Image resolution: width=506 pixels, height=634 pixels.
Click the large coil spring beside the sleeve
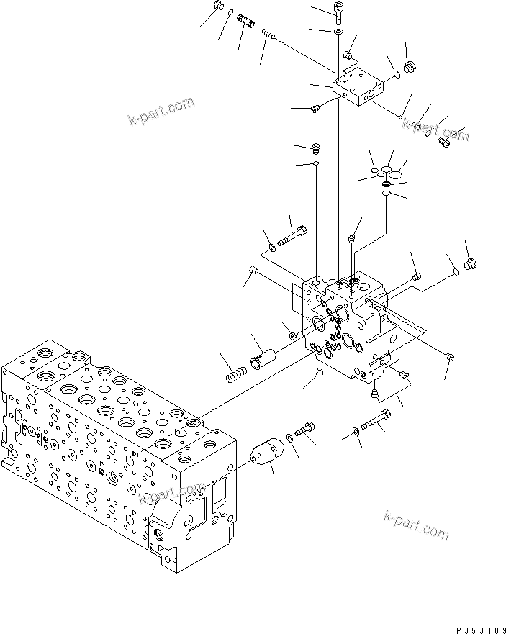pos(235,375)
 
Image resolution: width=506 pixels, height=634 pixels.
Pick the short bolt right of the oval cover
pos(305,431)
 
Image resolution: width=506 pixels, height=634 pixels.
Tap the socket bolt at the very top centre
pos(339,10)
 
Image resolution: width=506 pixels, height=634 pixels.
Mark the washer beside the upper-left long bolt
pos(272,248)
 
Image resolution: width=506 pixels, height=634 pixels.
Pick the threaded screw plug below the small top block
pos(315,149)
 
